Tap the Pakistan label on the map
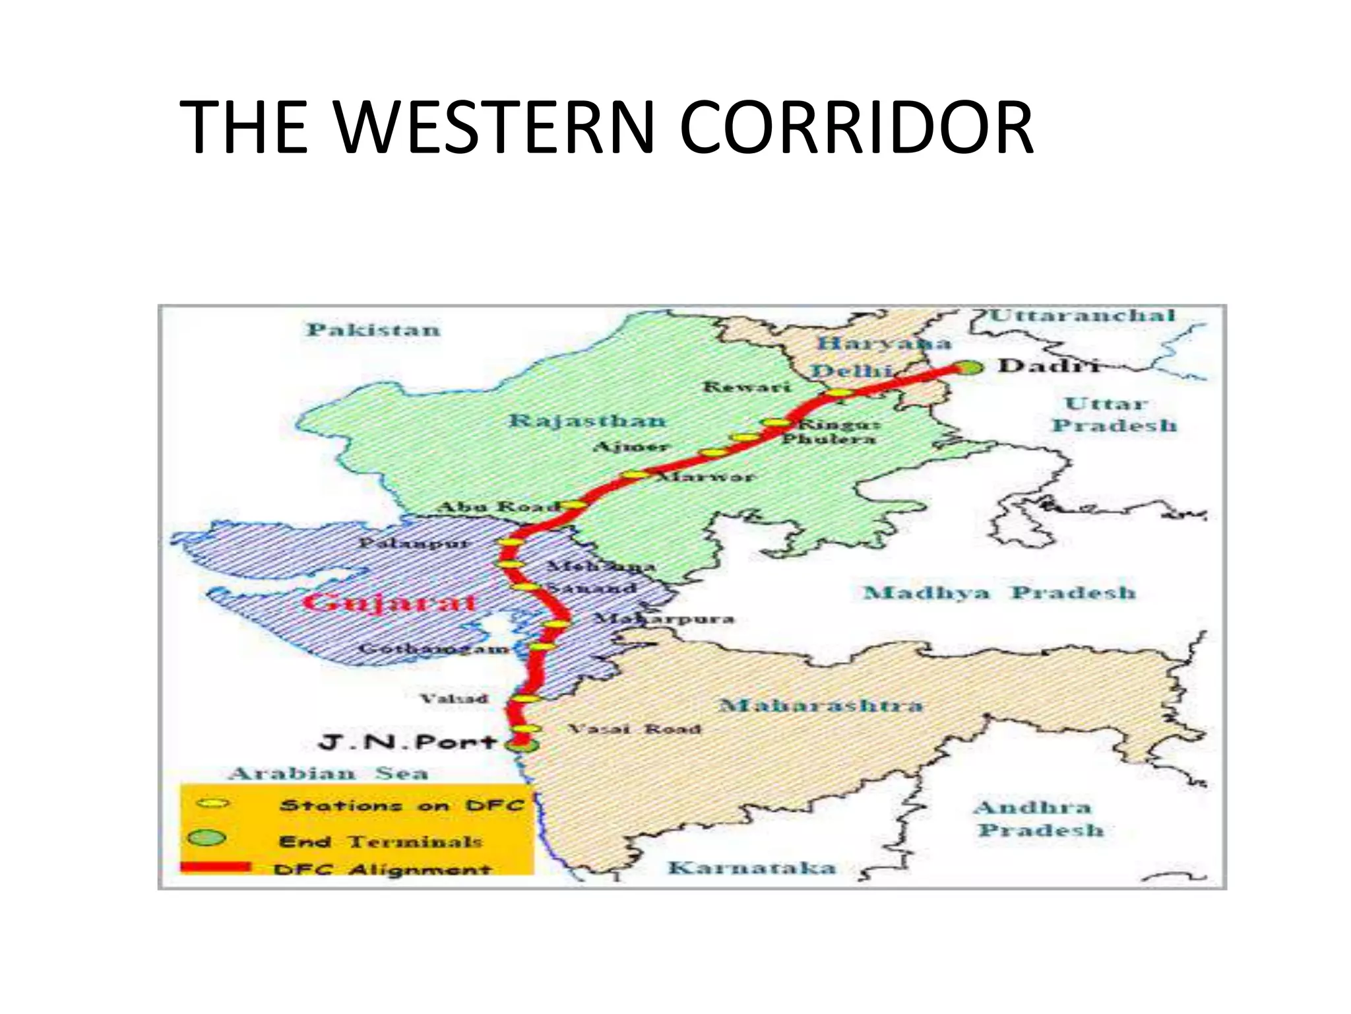pos(373,329)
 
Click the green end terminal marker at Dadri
pos(969,368)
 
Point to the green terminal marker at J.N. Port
pos(521,745)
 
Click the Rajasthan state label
pos(587,421)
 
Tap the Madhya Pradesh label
pos(999,592)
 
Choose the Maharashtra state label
pos(821,705)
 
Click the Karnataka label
pos(752,867)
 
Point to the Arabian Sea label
pos(329,773)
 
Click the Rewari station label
pos(746,386)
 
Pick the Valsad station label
pos(455,698)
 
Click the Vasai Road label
pos(634,729)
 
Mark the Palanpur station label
pos(414,543)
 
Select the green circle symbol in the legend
pos(207,838)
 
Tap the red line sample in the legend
pos(216,867)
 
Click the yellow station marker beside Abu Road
pos(573,505)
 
